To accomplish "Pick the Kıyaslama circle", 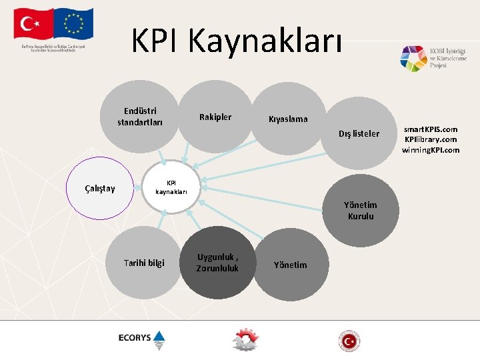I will (288, 119).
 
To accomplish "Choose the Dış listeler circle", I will (359, 134).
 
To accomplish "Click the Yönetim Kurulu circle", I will (360, 211).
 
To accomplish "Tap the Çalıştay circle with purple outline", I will (101, 188).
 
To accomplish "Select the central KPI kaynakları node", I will (171, 187).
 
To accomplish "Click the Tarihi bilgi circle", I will (144, 263).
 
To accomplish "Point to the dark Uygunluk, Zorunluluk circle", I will (217, 263).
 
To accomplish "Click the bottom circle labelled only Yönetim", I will (291, 265).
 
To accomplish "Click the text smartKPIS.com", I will (431, 129).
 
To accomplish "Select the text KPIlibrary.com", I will (431, 139).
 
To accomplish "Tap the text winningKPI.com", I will (431, 150).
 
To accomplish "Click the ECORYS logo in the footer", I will (143, 339).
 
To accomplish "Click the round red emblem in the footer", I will (348, 341).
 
